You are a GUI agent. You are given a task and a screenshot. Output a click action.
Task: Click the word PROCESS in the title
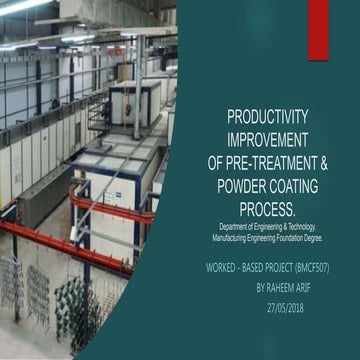coord(265,209)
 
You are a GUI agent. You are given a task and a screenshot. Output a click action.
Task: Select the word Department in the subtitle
coord(237,227)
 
